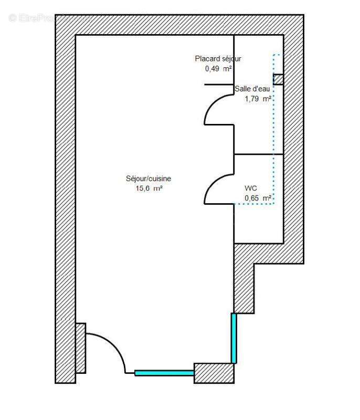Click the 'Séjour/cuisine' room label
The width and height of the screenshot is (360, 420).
pos(149,178)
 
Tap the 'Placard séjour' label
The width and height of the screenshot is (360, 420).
pos(218,59)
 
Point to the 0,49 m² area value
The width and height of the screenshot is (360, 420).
pos(218,68)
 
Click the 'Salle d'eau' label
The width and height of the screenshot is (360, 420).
pos(252,89)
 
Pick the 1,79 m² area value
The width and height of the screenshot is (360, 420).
pos(258,98)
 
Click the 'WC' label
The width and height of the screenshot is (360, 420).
pos(250,188)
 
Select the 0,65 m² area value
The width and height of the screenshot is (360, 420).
pos(258,198)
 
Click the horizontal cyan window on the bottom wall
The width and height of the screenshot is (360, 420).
pos(164,373)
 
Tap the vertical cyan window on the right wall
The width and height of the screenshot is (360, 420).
pos(234,338)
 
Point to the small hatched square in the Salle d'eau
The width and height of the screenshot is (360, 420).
pos(278,79)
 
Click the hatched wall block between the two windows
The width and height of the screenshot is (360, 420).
pos(214,373)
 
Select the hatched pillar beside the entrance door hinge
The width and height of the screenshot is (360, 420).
pos(80,348)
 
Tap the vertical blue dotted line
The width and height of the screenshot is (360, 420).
pos(273,131)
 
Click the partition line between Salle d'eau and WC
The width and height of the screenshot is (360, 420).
pos(258,154)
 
